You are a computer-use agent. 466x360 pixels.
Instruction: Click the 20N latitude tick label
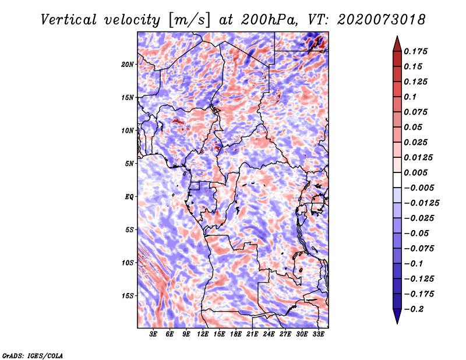coord(128,64)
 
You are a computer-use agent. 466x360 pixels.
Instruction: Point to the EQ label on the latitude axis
coord(129,196)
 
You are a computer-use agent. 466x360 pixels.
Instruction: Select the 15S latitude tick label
coord(128,295)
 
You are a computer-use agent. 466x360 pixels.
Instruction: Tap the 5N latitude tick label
coord(129,163)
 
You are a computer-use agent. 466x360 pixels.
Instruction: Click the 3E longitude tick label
coord(154,334)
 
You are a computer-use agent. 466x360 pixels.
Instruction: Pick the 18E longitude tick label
coord(236,334)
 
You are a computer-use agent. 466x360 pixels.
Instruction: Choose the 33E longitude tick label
coord(318,334)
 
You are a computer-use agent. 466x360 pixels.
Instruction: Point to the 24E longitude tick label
coord(269,334)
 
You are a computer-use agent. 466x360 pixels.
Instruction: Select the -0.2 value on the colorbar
coord(416,309)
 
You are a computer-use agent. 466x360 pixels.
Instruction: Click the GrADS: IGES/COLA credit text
coord(32,355)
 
